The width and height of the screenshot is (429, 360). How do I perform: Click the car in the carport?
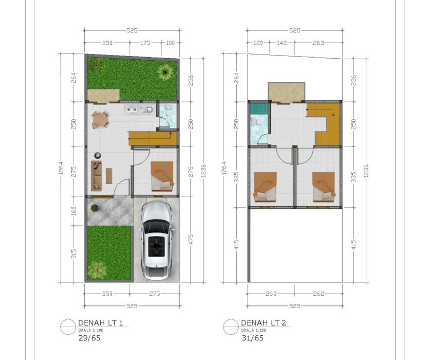156,241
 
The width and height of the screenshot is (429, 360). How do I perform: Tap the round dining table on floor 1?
100,120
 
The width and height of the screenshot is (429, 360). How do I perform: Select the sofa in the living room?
96,175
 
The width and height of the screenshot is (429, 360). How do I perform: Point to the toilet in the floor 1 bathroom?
169,111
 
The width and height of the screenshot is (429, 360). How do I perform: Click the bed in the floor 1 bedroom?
162,176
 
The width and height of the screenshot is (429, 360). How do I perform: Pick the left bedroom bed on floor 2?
265,187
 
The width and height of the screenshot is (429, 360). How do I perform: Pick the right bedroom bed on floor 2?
324,187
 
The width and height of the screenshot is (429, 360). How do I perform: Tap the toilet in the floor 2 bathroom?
257,121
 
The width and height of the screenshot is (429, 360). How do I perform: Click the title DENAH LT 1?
100,323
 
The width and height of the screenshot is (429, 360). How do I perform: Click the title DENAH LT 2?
264,323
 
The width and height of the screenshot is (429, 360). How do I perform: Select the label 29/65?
89,338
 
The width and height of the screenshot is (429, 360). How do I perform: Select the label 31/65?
253,338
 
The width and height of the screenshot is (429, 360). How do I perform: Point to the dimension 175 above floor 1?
145,43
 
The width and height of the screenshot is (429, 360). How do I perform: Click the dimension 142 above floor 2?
282,43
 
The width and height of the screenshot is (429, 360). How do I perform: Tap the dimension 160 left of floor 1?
73,211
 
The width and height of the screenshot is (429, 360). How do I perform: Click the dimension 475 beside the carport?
191,239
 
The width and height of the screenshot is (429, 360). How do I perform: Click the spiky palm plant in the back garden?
165,71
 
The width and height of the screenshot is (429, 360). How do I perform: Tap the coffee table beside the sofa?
109,176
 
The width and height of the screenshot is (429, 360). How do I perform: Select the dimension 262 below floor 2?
319,294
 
